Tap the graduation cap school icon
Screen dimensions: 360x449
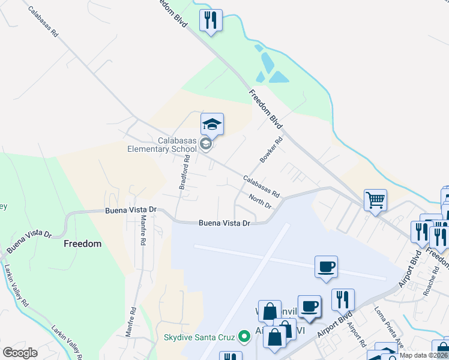point(211,124)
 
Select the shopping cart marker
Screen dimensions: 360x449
point(375,200)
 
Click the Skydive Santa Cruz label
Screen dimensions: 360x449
point(199,337)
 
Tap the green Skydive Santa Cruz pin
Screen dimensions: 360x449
point(244,337)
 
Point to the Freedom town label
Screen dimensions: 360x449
point(82,244)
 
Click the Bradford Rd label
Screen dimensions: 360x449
point(185,173)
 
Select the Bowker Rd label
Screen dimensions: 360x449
point(271,151)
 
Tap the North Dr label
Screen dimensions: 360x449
point(260,202)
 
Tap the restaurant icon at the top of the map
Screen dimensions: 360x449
point(211,20)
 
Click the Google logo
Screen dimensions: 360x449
point(20,353)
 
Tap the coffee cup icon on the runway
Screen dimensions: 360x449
point(326,266)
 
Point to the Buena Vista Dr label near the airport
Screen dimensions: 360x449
point(224,223)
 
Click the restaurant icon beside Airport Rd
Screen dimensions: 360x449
point(343,299)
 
